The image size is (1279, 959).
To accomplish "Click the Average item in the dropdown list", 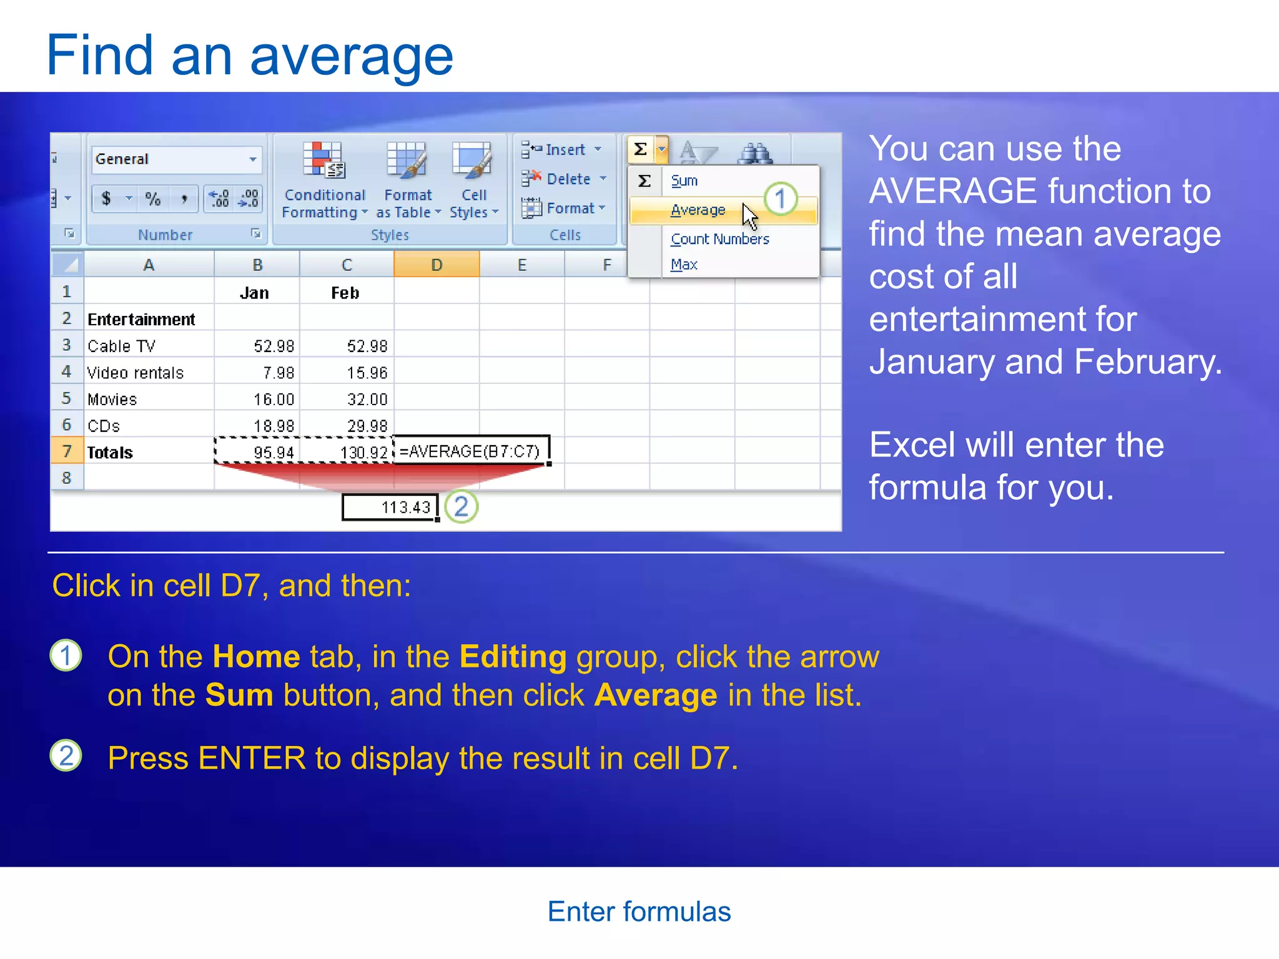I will (x=698, y=210).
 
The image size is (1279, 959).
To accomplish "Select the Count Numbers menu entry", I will (x=719, y=239).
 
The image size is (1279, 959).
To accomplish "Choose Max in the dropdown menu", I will (x=684, y=265).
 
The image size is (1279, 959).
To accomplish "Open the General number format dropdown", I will (x=252, y=159).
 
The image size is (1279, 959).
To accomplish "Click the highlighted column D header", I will (x=437, y=265).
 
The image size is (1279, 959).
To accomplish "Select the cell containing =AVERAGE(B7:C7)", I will (x=471, y=451).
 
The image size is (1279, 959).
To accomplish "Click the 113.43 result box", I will (x=390, y=507).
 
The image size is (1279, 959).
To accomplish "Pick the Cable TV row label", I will (x=122, y=346).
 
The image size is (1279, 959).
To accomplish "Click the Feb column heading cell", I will (x=345, y=293).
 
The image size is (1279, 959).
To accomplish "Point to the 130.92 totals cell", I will (x=363, y=452).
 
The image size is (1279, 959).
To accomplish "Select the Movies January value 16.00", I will (x=274, y=400).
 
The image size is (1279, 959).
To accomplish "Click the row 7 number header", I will (x=67, y=451).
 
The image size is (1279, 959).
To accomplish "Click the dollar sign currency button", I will (x=106, y=199).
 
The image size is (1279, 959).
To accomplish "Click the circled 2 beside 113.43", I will (x=462, y=507).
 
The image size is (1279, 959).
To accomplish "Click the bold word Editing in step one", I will (x=513, y=657).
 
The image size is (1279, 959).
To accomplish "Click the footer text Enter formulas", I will (x=639, y=912).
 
